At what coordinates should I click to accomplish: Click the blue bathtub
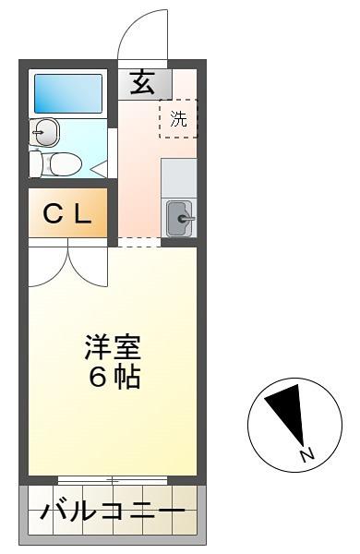click(x=68, y=93)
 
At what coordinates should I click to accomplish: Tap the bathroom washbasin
click(x=45, y=132)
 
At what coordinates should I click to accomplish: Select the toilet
click(x=55, y=164)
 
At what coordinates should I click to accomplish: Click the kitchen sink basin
click(x=179, y=218)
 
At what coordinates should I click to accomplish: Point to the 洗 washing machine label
click(x=178, y=119)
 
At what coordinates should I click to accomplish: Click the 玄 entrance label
click(x=143, y=82)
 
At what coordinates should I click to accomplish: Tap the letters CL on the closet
click(x=67, y=214)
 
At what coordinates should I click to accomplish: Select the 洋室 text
click(x=113, y=347)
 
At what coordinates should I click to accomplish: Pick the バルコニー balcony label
click(x=113, y=512)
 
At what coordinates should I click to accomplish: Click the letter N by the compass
click(x=307, y=454)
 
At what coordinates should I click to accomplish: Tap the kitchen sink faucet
click(x=186, y=219)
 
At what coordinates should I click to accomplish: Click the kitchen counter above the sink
click(x=179, y=178)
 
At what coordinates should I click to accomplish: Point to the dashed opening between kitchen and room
click(x=138, y=242)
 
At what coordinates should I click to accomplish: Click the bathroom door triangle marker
click(x=100, y=169)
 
